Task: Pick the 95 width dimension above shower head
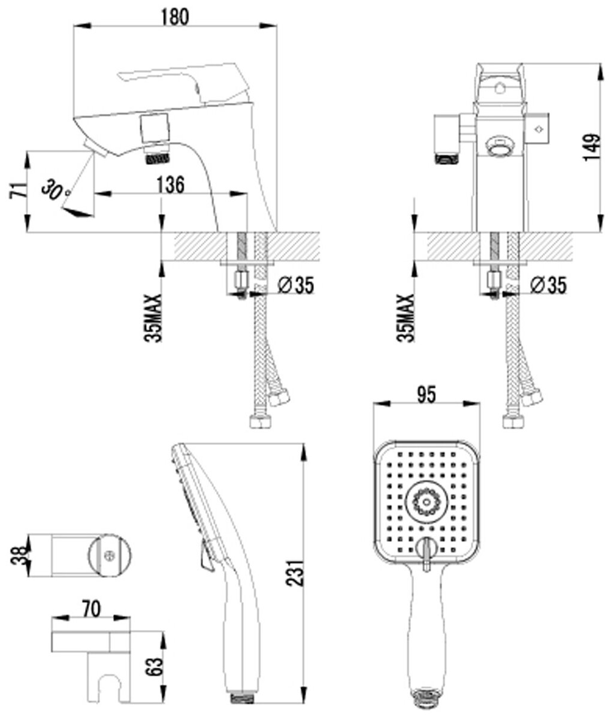[x=425, y=395]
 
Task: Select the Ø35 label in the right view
[x=548, y=287]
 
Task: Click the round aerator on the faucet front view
[x=498, y=146]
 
